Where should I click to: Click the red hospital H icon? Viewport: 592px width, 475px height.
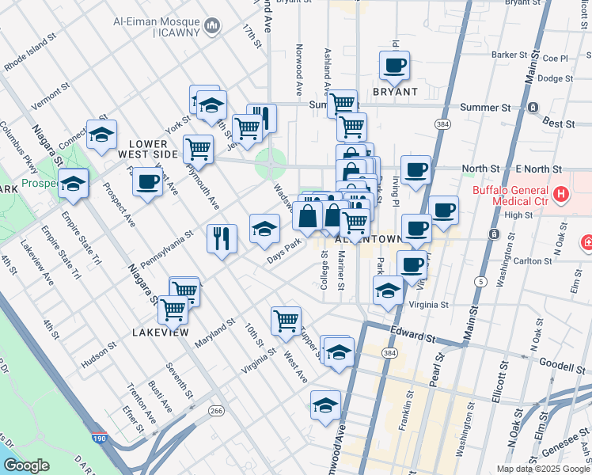561,193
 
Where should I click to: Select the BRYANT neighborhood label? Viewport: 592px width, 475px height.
395,92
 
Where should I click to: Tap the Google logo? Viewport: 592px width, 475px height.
26,465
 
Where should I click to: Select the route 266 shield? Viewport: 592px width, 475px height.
215,410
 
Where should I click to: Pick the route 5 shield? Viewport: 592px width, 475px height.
480,281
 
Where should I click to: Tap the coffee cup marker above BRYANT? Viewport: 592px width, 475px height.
394,66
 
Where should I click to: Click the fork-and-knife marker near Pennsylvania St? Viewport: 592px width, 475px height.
222,237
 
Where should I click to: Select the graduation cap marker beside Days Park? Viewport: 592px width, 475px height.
264,229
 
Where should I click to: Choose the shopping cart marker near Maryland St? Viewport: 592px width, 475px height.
286,320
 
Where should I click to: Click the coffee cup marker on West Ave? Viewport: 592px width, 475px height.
147,182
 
